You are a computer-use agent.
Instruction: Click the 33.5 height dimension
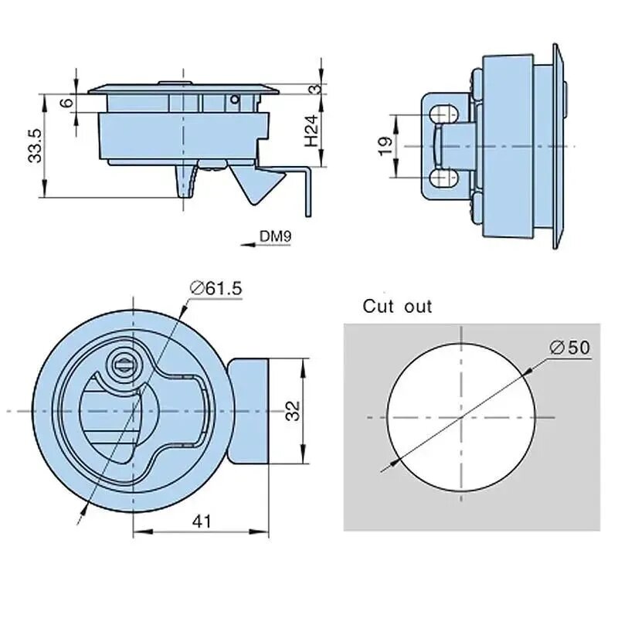point(35,145)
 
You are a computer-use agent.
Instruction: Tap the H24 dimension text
point(311,131)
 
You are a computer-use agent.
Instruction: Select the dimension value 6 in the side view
point(67,103)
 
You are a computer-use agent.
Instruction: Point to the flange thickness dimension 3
point(315,89)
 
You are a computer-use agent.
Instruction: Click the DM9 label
point(275,236)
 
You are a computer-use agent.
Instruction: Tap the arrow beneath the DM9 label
point(265,245)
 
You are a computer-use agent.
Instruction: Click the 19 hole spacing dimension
point(385,146)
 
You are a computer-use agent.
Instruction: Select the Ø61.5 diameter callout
point(216,288)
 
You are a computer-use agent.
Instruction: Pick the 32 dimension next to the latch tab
point(293,411)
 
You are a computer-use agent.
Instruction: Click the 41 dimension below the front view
point(202,521)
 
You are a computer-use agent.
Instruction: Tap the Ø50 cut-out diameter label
point(570,348)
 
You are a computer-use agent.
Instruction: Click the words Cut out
point(397,306)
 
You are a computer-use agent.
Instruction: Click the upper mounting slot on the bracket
point(443,114)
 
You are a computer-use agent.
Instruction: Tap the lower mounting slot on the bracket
point(443,178)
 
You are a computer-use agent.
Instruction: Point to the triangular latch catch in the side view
point(256,184)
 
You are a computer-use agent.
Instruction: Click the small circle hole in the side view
point(235,100)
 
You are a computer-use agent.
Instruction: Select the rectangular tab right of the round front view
point(248,411)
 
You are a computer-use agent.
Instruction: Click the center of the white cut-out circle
point(461,417)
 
